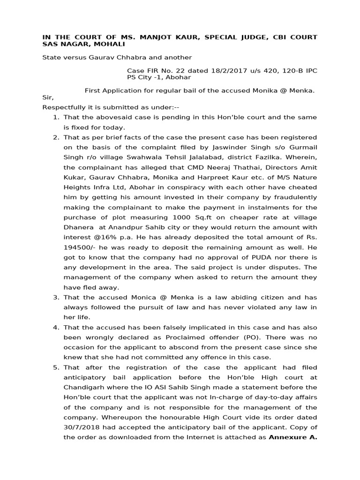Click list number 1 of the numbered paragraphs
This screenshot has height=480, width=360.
click(x=56, y=117)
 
